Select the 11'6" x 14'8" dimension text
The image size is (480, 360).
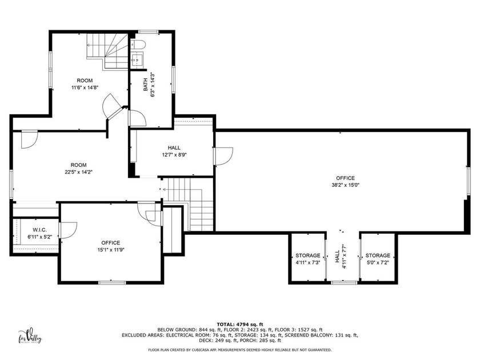(85, 88)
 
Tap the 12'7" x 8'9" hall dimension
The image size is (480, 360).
(174, 155)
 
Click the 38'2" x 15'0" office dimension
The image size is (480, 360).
(345, 185)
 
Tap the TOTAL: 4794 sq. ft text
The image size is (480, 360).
(240, 325)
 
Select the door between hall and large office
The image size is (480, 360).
(223, 155)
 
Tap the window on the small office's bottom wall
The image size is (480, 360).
(110, 282)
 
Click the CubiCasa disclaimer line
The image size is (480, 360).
(240, 349)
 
